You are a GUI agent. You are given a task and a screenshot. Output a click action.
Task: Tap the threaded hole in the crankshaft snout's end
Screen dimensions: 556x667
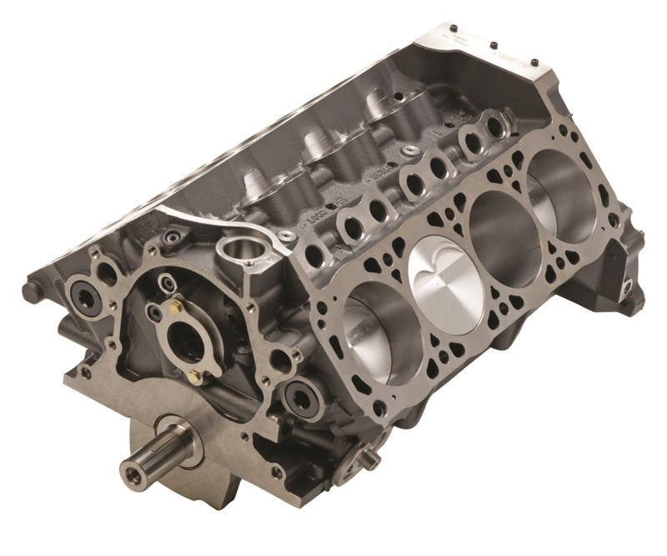pyautogui.click(x=133, y=478)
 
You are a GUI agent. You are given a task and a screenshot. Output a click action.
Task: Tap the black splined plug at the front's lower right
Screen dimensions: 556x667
pyautogui.click(x=297, y=395)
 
